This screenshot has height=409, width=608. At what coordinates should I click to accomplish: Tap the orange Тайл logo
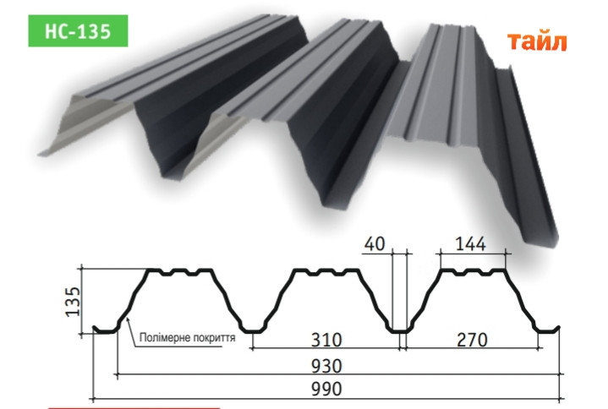coord(538,41)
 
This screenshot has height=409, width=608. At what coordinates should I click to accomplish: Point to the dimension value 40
coord(375,245)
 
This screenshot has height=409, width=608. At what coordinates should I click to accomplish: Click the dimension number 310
coord(325,341)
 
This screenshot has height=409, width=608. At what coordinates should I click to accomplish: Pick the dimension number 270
coord(473,341)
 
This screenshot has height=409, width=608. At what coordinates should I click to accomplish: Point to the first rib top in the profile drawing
coord(181,272)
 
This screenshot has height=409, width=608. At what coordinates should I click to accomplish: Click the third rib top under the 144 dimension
coord(474,272)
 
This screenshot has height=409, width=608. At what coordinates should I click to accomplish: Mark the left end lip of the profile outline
coord(100,330)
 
